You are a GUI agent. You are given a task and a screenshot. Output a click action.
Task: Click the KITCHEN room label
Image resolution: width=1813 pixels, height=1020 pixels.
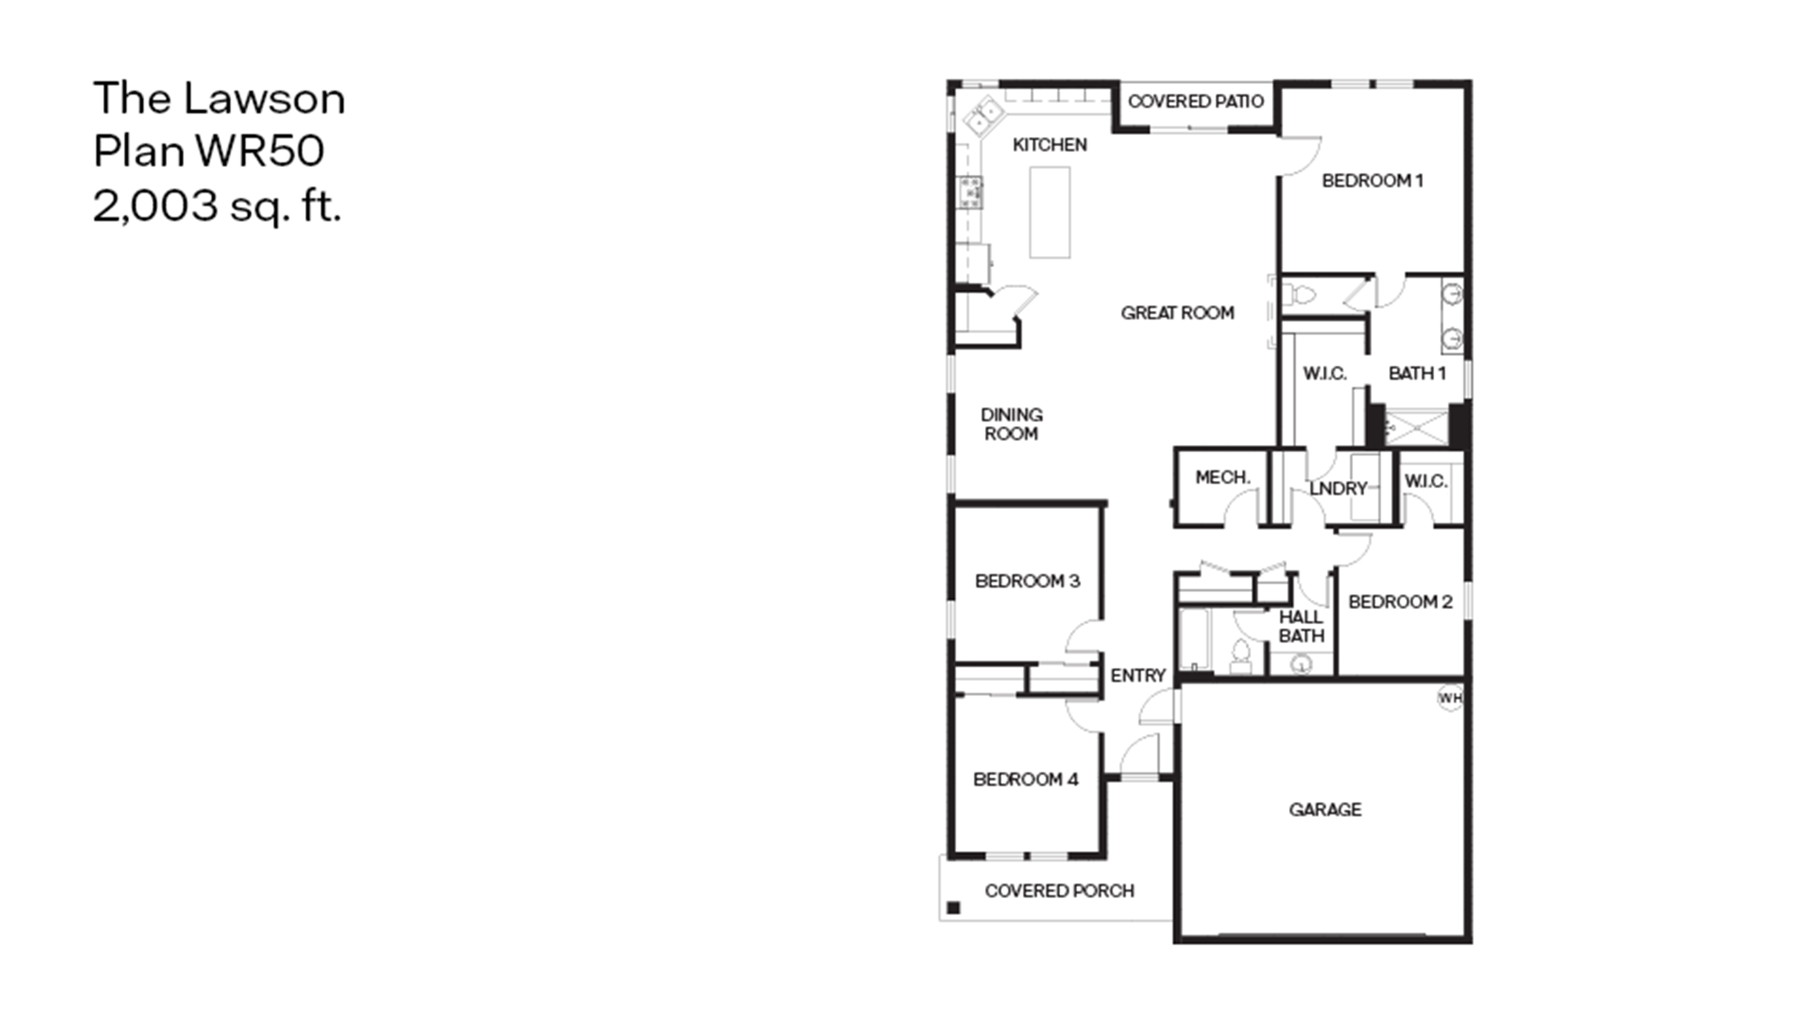click(1049, 145)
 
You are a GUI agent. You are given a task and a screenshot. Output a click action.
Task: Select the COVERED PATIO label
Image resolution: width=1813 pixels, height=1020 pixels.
click(1196, 101)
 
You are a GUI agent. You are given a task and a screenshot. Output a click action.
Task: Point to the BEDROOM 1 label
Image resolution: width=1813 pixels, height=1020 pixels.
click(1372, 181)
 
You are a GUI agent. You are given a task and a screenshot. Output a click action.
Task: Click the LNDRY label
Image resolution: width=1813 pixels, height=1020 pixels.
click(1338, 488)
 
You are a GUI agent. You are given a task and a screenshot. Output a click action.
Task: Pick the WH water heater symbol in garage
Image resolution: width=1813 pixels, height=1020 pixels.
click(1450, 698)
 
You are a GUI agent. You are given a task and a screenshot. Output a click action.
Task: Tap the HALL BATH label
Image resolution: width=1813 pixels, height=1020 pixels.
click(1301, 626)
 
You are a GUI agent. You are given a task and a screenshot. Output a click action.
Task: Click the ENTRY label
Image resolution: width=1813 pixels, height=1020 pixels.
click(1138, 676)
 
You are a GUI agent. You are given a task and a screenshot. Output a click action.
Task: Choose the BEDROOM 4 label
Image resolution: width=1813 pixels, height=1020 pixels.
click(1025, 779)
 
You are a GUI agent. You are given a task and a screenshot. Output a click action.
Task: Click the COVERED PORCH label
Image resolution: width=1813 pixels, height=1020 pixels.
click(1059, 891)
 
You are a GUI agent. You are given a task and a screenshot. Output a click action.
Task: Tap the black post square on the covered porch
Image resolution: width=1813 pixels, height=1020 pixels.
click(954, 908)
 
